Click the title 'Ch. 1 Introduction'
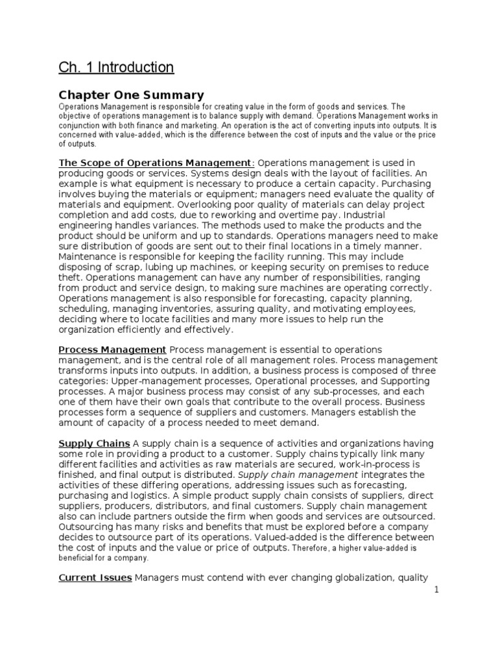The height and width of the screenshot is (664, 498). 116,67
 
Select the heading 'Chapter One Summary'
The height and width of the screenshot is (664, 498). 131,95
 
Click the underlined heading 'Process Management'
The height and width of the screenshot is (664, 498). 113,350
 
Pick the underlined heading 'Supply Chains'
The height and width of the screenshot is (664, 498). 94,444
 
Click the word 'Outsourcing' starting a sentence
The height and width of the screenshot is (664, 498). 87,527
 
